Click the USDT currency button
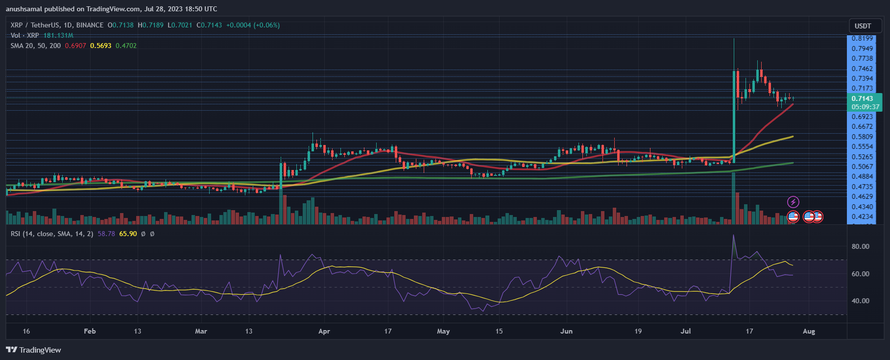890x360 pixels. point(863,26)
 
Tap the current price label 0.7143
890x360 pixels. point(862,98)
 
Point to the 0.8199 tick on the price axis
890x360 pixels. point(862,38)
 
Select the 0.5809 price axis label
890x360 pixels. point(862,137)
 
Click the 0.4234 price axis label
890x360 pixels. point(862,216)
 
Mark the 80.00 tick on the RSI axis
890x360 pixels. point(860,246)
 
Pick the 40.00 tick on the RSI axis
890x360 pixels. point(860,301)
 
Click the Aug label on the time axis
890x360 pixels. point(809,331)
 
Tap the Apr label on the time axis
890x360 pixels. point(324,331)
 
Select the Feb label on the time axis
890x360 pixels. point(90,331)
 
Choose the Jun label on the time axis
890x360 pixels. point(566,331)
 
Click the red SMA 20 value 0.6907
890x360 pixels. point(75,46)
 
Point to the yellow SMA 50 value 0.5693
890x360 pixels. point(100,46)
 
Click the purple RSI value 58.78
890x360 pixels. point(106,234)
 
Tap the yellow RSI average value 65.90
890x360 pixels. point(128,234)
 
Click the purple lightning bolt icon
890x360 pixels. point(793,202)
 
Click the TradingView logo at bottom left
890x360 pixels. point(33,350)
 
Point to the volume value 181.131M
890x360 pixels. point(58,35)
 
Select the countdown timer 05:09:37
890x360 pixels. point(865,107)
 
